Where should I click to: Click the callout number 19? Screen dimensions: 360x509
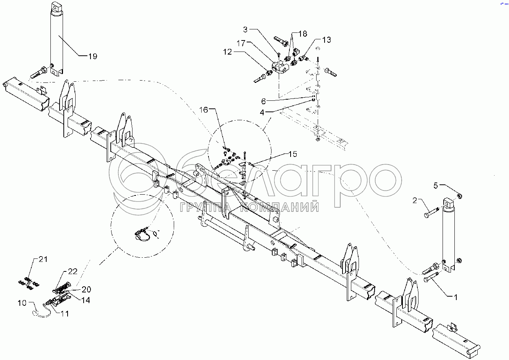93,57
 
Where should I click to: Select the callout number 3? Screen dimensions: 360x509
246,29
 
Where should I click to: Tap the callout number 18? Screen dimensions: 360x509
302,34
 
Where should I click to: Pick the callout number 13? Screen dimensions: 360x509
326,40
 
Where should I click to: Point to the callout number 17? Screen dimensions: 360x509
241,43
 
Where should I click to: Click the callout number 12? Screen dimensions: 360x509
228,52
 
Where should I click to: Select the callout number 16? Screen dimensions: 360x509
204,110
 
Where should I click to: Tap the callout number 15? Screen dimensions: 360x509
292,154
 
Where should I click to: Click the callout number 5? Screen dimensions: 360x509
436,186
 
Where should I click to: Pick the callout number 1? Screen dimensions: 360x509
454,297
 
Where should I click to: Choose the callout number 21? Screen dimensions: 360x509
43,259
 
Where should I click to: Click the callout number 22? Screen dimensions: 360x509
73,271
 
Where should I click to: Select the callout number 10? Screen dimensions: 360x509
22,303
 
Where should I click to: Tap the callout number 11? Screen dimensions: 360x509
65,314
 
